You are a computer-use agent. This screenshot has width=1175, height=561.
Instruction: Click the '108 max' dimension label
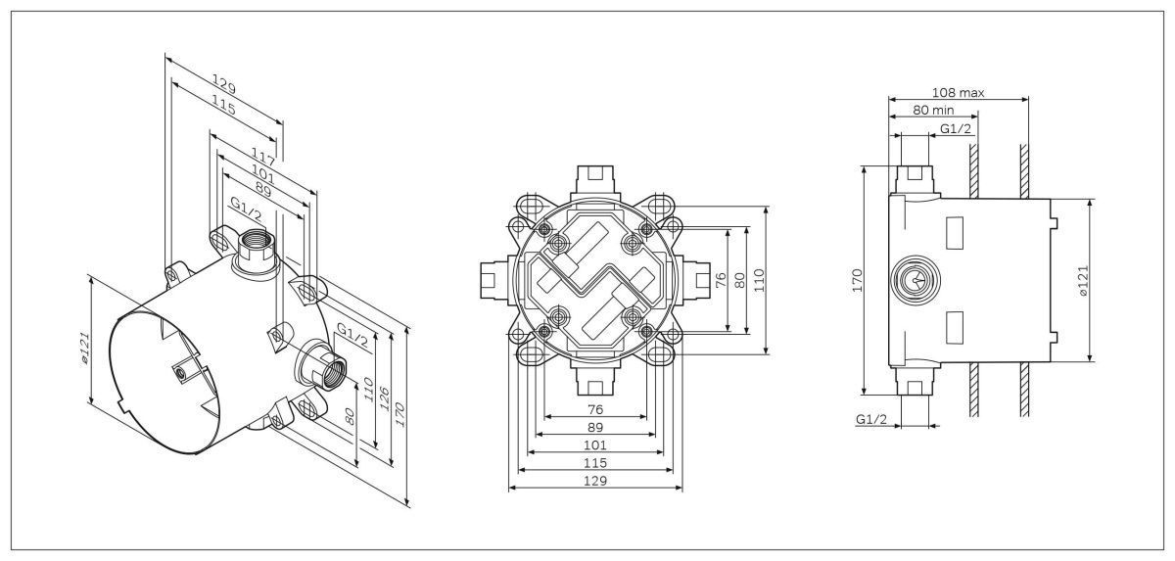[958, 93]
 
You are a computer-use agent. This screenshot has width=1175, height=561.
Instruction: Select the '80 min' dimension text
[933, 110]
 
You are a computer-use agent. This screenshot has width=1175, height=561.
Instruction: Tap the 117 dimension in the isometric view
[262, 157]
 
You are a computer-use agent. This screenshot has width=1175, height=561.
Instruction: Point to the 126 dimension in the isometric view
[385, 398]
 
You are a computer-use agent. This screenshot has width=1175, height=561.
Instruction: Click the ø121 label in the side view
[1084, 282]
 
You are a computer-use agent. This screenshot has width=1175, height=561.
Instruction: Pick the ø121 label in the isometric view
[85, 349]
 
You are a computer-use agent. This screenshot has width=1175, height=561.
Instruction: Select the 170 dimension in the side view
[857, 280]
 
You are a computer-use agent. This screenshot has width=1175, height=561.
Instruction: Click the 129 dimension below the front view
[595, 481]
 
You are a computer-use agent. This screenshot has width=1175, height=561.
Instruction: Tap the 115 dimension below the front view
[595, 463]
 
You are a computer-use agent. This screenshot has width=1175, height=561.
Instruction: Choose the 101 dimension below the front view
[595, 445]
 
